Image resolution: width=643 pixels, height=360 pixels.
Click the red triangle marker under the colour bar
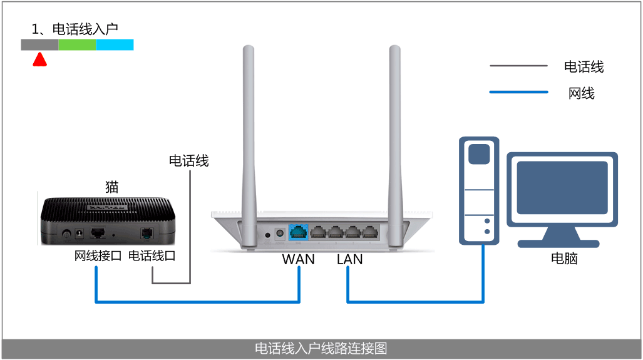pos(40,59)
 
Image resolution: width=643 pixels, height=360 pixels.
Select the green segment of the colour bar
pos(77,44)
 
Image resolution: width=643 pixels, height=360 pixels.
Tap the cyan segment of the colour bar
pos(115,44)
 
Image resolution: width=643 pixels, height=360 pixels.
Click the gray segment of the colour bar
pos(39,44)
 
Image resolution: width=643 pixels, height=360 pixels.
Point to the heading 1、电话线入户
pos(75,29)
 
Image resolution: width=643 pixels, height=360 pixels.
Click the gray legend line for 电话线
pos(518,66)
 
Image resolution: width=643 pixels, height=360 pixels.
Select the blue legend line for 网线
pos(518,93)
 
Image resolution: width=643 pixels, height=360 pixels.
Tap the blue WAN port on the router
pos(298,232)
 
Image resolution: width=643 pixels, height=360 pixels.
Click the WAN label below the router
pos(298,259)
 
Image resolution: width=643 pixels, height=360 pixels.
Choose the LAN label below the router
pos(349,259)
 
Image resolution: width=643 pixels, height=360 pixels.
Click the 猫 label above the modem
pos(112,187)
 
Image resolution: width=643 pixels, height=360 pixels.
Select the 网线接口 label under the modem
pos(98,256)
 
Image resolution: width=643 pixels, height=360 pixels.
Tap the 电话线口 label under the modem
pos(152,256)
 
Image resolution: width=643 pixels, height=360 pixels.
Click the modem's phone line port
pos(148,233)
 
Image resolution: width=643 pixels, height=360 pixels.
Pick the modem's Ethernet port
pos(98,233)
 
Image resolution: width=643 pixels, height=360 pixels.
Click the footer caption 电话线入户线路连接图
pos(321,349)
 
